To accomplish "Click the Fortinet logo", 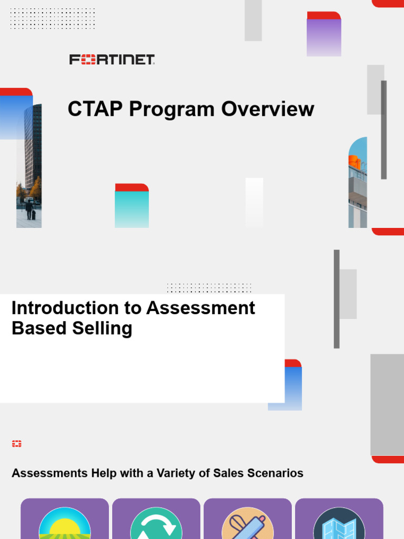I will click(112, 59).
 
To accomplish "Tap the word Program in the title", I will click(172, 109).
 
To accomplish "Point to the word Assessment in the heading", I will click(200, 308).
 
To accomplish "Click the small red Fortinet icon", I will click(17, 444).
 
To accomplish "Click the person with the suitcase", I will click(29, 209).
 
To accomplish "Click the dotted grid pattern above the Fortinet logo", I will click(53, 18).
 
